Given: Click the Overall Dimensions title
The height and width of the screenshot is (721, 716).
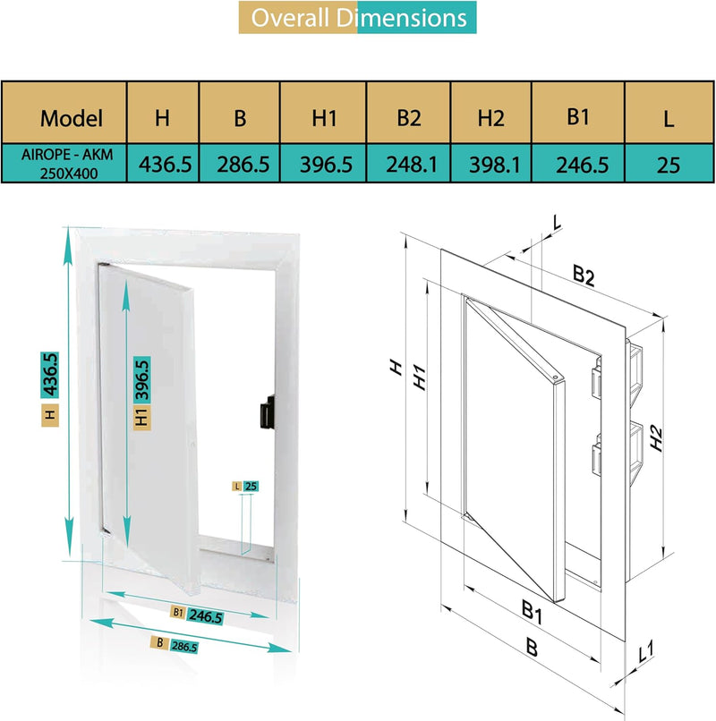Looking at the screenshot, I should [x=358, y=18].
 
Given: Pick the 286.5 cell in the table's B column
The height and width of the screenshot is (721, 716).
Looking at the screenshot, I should [x=239, y=165].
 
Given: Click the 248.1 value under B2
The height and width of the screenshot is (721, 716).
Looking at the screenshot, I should [x=409, y=165].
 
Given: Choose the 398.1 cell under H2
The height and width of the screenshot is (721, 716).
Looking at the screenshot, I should [x=490, y=165].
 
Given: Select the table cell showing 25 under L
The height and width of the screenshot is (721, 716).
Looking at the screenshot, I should [x=668, y=165].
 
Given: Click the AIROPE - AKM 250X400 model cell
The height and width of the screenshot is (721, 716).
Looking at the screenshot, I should [x=64, y=163].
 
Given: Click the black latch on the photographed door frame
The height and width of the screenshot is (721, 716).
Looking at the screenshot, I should [x=266, y=414].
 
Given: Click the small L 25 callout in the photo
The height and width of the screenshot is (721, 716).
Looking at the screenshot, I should [x=245, y=486].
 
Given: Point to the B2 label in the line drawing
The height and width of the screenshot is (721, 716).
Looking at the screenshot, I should [x=583, y=276].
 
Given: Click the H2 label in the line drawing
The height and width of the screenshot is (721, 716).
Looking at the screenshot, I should [x=658, y=437].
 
